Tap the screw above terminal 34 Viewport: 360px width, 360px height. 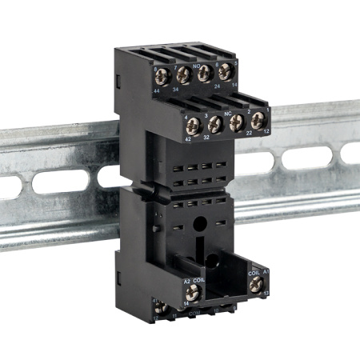(182, 75)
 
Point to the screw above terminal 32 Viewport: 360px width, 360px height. (214, 122)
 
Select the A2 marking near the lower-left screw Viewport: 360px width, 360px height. (187, 281)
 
